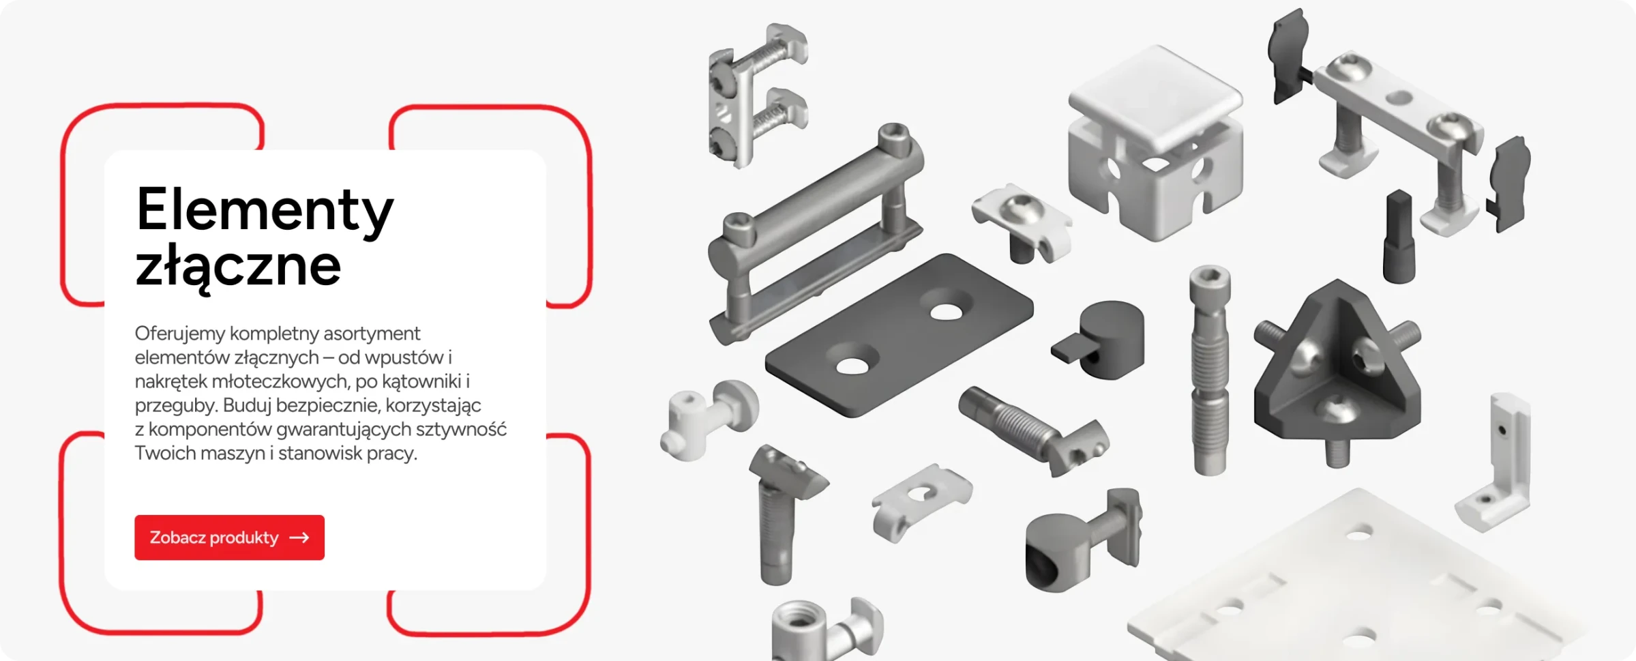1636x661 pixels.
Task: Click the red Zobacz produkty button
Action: coord(229,538)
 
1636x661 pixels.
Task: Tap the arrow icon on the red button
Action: coord(299,538)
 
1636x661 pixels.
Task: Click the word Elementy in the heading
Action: coord(265,210)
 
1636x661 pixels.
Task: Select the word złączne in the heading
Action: coord(238,267)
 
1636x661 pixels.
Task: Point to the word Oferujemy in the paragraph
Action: coord(180,334)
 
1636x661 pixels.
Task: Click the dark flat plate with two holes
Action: coord(899,335)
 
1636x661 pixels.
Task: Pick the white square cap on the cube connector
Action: coord(1155,96)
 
